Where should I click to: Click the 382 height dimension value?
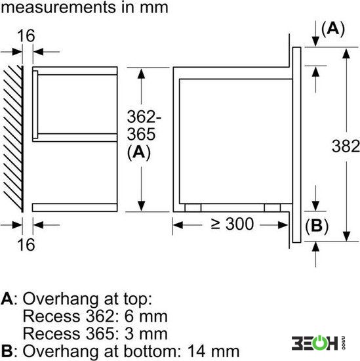[x=346, y=146]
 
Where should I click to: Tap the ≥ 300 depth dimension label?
[x=232, y=224]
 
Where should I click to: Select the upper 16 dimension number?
[x=26, y=35]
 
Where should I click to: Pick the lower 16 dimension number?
[x=26, y=245]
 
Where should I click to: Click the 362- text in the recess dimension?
[x=144, y=117]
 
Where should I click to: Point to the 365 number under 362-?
[x=141, y=134]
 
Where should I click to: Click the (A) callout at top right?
[x=333, y=29]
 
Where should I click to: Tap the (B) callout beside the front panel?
[x=317, y=226]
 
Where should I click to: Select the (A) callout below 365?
[x=139, y=152]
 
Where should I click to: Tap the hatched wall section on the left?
[x=13, y=138]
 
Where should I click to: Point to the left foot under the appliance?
[x=193, y=207]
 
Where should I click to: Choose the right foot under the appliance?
[x=272, y=207]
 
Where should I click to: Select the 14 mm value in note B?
[x=214, y=351]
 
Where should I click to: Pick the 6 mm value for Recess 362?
[x=146, y=316]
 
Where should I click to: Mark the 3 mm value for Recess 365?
[x=146, y=333]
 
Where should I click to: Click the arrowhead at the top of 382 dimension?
[x=346, y=53]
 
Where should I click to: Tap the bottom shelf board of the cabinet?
[x=75, y=207]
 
